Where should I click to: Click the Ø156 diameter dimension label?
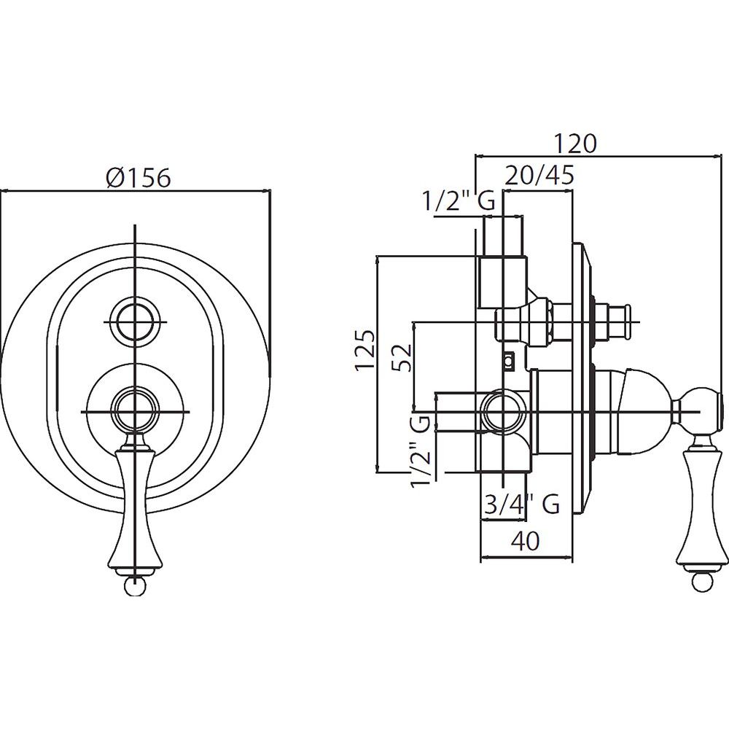point(137,177)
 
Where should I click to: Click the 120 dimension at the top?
point(574,143)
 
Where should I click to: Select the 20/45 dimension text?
point(540,176)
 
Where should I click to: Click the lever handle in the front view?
point(134,503)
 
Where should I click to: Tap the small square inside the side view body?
point(508,359)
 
